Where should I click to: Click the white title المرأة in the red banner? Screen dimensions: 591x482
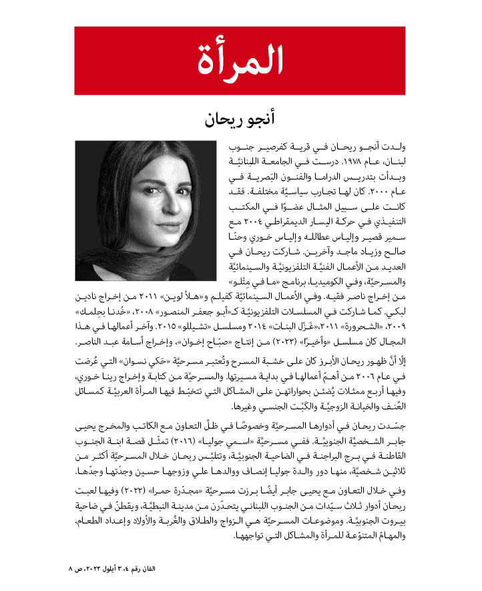[x=240, y=60]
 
